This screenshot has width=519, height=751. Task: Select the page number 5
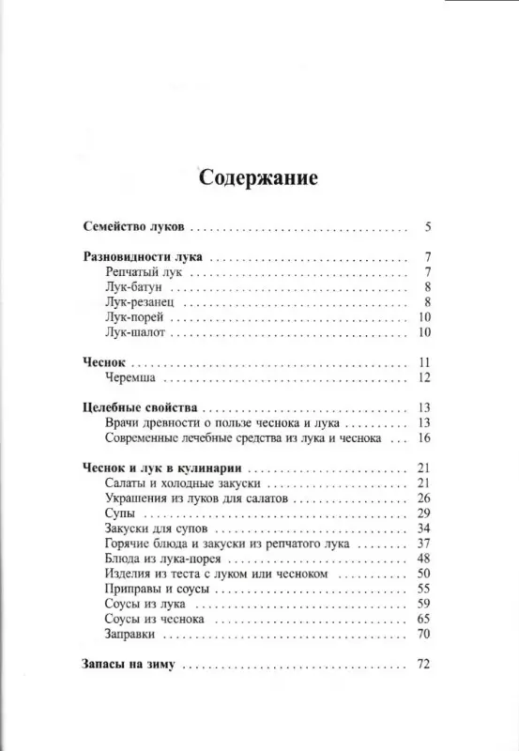(427, 227)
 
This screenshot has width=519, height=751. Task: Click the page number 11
(424, 363)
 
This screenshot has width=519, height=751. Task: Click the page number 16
(424, 438)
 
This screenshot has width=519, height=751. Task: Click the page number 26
(424, 498)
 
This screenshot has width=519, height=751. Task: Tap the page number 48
(424, 559)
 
